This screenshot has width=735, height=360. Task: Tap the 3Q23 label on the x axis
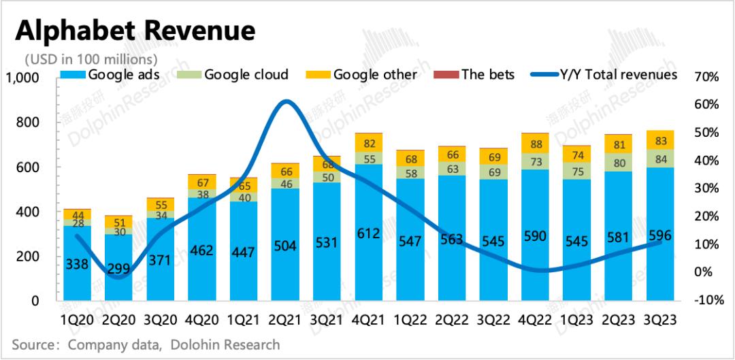660,318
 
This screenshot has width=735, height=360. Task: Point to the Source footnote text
146,344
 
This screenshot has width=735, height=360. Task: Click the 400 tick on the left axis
29,212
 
